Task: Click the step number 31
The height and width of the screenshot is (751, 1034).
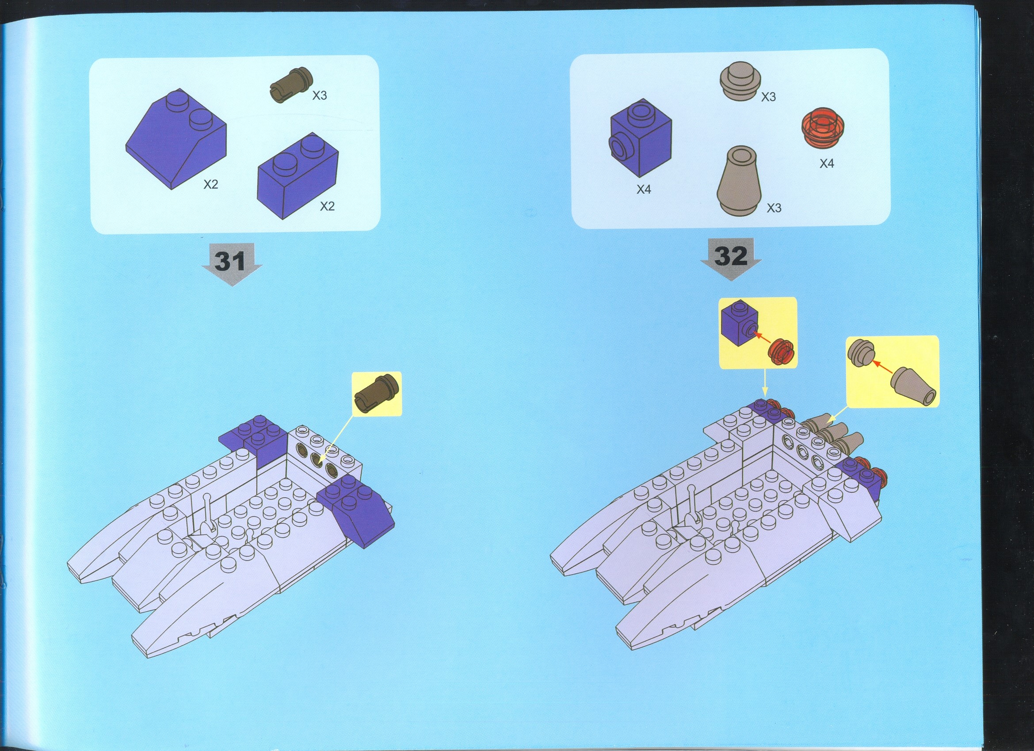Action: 230,261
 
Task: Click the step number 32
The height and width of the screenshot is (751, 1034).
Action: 731,256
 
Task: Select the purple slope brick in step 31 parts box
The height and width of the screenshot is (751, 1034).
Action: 176,139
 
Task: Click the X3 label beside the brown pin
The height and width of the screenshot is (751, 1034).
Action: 320,95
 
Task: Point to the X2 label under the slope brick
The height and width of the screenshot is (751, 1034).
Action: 210,184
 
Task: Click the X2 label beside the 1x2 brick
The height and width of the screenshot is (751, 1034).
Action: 327,206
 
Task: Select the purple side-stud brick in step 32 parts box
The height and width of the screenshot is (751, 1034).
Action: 640,138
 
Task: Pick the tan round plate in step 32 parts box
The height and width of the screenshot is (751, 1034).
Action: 740,80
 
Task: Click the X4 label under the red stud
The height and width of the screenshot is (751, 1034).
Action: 827,163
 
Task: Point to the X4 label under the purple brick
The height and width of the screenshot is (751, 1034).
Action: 644,189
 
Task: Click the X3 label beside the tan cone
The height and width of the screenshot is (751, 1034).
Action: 774,208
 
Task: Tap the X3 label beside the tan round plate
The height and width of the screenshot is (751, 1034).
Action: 768,97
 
